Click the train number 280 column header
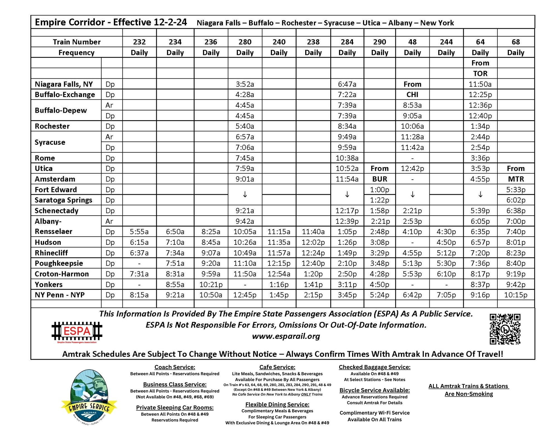(x=245, y=42)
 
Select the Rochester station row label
(x=52, y=126)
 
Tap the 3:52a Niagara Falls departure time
(x=245, y=84)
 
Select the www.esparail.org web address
(x=286, y=336)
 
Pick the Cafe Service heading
(x=277, y=367)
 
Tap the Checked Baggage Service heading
(x=374, y=367)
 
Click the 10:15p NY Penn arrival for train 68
(x=516, y=295)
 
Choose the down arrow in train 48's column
(x=412, y=194)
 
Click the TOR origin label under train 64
(x=480, y=73)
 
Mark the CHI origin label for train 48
(x=412, y=95)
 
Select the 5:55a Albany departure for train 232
(x=139, y=232)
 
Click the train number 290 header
(x=379, y=42)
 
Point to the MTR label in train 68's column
(x=516, y=179)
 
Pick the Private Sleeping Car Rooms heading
(x=175, y=408)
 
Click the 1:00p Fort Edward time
(x=379, y=190)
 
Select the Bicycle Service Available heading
(x=374, y=390)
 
